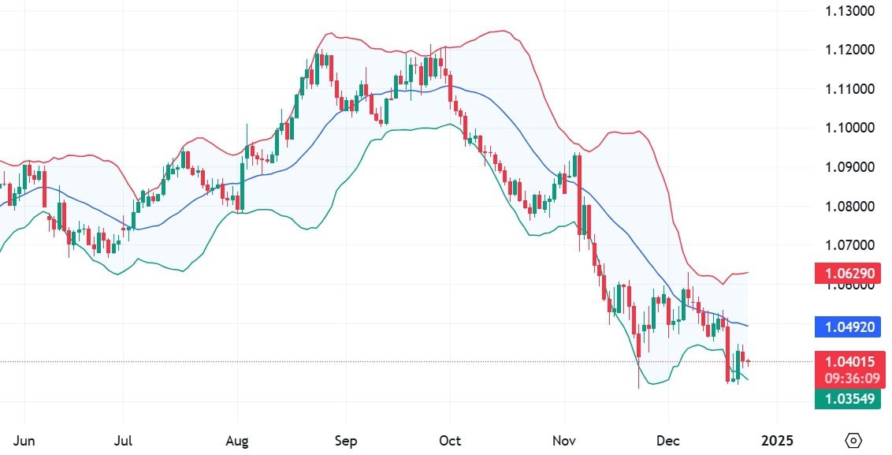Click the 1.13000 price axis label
pyautogui.click(x=849, y=11)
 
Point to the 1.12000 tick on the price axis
pyautogui.click(x=849, y=50)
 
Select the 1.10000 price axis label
pyautogui.click(x=849, y=128)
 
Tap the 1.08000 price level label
pyautogui.click(x=849, y=207)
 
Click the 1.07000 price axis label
pyautogui.click(x=849, y=246)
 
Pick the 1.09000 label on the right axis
pyautogui.click(x=849, y=167)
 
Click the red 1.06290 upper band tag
pyautogui.click(x=849, y=274)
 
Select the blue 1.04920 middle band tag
pyautogui.click(x=849, y=326)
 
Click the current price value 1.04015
pyautogui.click(x=849, y=362)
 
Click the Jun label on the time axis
pyautogui.click(x=25, y=439)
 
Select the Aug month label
pyautogui.click(x=237, y=439)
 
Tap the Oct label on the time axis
pyautogui.click(x=450, y=439)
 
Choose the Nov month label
pyautogui.click(x=564, y=439)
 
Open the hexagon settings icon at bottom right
pyautogui.click(x=853, y=439)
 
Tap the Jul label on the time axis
pyautogui.click(x=123, y=439)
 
